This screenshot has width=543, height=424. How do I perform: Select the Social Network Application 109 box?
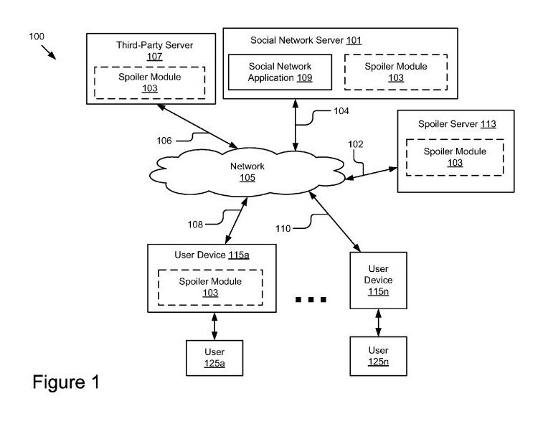(280, 72)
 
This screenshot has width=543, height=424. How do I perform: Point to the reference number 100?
(37, 35)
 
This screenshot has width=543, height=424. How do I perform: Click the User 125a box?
(214, 357)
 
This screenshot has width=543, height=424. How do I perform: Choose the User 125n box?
(378, 355)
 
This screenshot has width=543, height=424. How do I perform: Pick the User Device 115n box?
(378, 280)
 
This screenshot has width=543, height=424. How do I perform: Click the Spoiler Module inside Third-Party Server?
(150, 83)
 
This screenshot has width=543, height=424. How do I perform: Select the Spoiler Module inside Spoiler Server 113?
(454, 157)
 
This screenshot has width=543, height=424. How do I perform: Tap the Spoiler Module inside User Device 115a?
(210, 287)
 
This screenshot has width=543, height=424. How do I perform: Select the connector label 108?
(196, 225)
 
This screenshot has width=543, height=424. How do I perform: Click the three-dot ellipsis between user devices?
(311, 298)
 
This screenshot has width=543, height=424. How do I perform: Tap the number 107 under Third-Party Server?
(155, 56)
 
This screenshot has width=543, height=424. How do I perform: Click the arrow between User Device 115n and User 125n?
(378, 321)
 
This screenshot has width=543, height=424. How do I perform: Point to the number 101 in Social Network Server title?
(354, 40)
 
